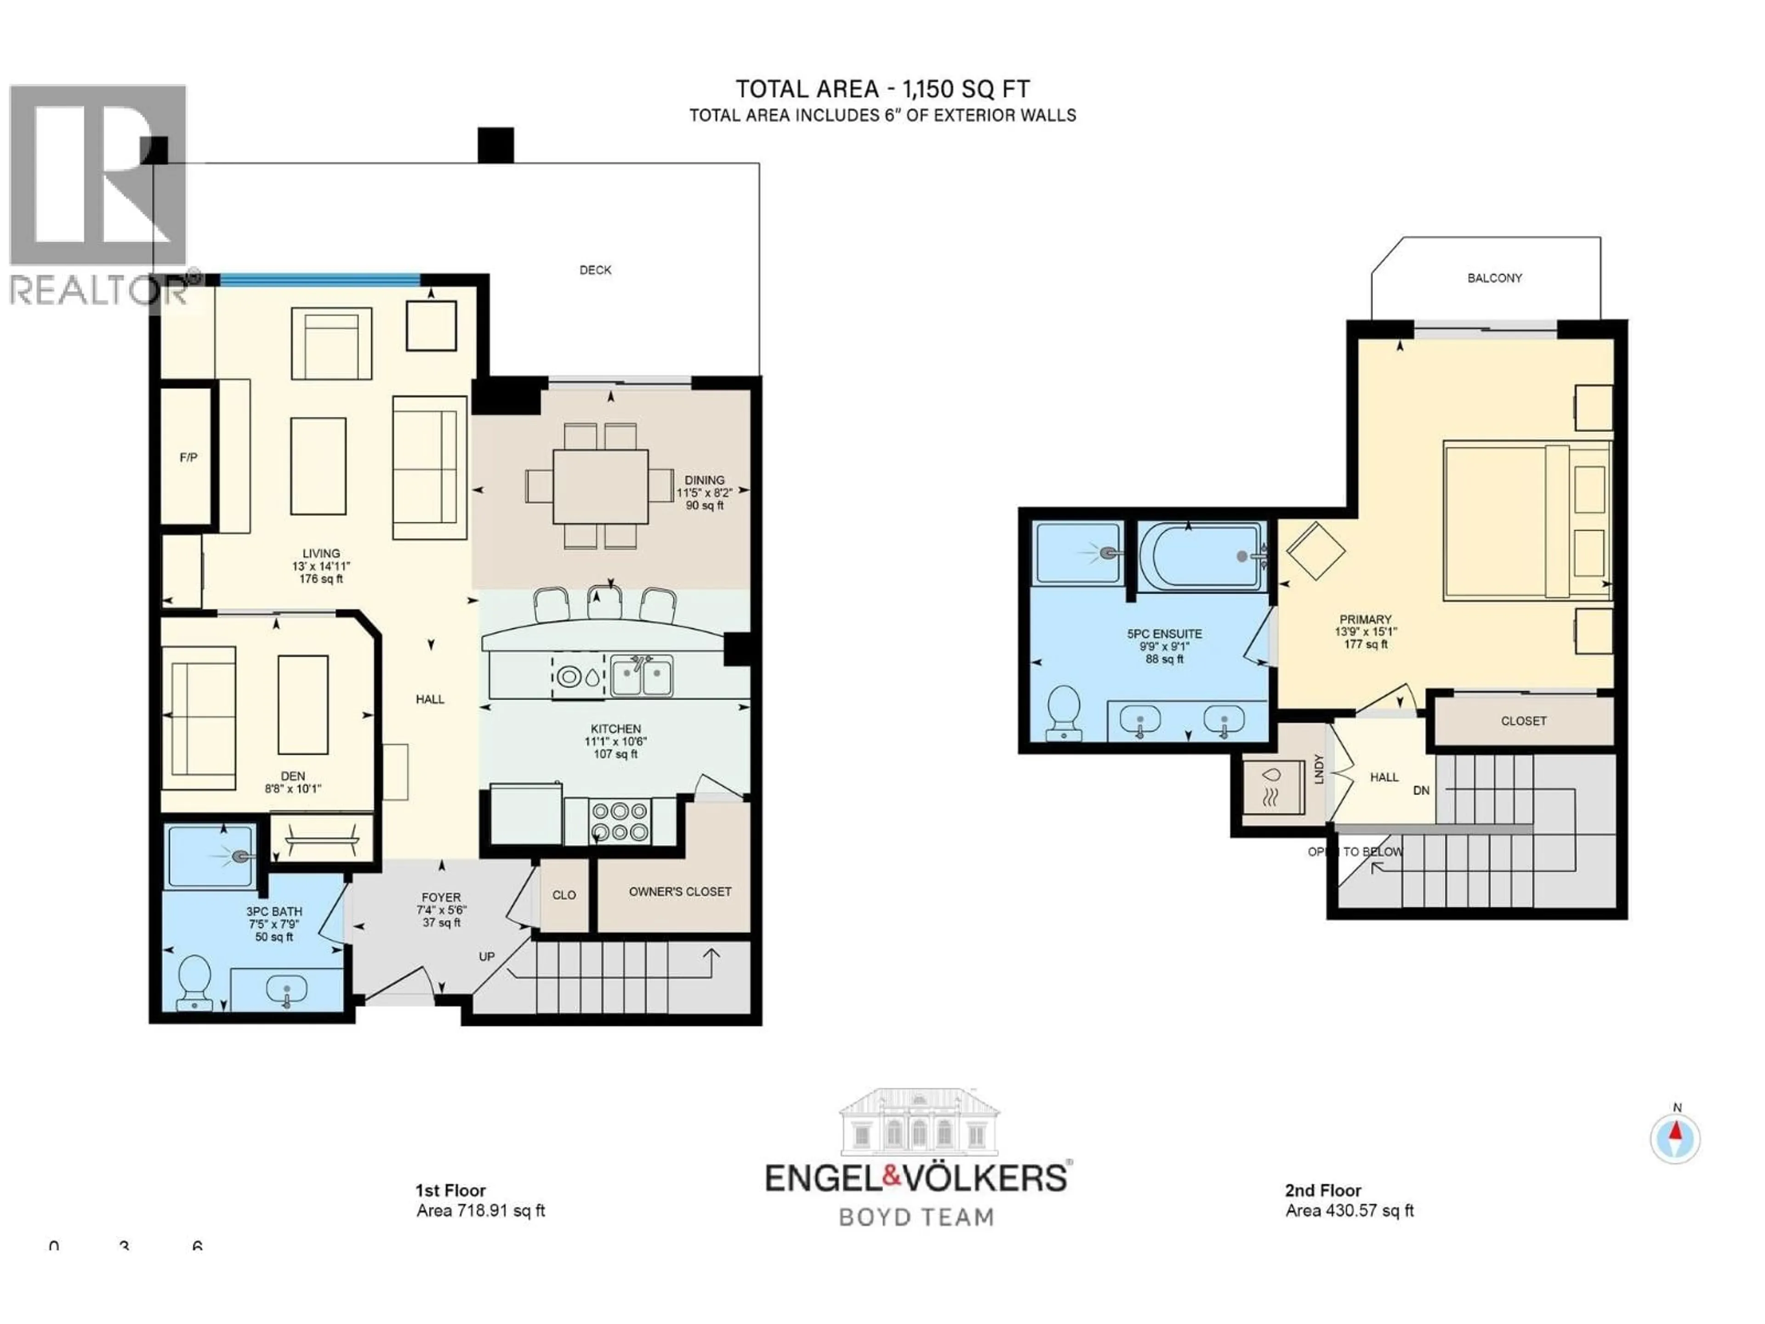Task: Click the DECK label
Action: point(595,270)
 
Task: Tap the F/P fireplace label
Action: point(188,457)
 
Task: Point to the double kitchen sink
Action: point(642,676)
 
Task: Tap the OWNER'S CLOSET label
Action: point(680,891)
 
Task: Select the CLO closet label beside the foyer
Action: point(564,895)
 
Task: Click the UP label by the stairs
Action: point(487,956)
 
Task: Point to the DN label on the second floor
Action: point(1421,790)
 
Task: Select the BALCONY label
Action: point(1495,278)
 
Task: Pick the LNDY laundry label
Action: point(1318,769)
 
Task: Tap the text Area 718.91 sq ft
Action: point(480,1210)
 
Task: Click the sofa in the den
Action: point(199,718)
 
